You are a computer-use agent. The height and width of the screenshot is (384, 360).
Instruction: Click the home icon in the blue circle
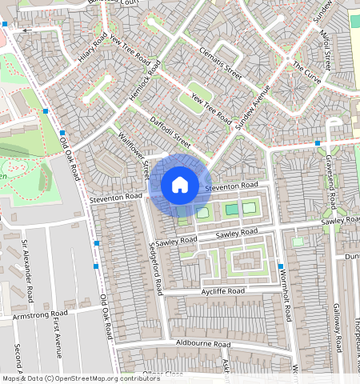[x=180, y=186]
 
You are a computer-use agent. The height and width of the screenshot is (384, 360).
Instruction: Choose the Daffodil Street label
[x=170, y=133]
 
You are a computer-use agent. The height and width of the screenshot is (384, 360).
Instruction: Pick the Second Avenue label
[x=17, y=360]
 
